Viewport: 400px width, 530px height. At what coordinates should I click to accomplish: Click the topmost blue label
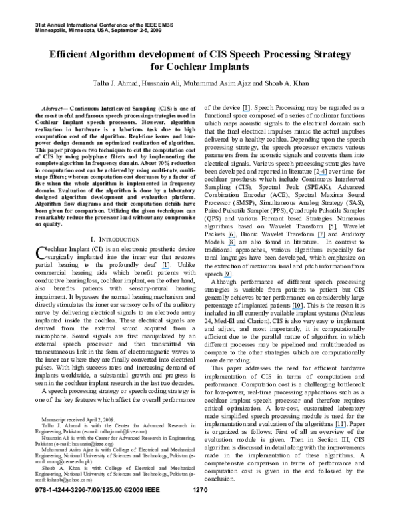tap(246, 111)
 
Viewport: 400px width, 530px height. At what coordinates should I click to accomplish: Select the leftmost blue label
tap(165, 268)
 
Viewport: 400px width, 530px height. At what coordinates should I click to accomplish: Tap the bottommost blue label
tap(340, 427)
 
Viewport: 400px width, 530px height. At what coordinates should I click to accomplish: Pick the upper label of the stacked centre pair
tap(231, 238)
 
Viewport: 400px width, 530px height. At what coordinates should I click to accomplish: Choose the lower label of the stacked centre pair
tap(232, 246)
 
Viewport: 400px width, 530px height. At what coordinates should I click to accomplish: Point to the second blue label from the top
tap(323, 175)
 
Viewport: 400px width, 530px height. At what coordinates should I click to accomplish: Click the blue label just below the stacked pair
tap(227, 277)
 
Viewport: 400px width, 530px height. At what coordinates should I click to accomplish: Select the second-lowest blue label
tap(297, 309)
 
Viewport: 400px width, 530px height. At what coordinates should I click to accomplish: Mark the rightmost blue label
tap(340, 427)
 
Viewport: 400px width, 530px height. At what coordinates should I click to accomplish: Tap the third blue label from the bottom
tap(227, 277)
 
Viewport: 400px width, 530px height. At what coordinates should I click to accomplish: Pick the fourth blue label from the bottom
tap(165, 268)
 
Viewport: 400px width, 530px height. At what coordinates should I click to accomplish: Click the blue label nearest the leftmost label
tap(227, 277)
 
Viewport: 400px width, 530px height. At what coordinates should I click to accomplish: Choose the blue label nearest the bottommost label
tap(297, 309)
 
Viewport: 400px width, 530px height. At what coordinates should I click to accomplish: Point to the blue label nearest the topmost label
tap(323, 175)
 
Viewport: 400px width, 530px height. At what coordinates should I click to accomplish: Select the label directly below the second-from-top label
tap(321, 238)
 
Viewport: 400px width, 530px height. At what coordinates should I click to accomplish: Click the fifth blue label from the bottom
tap(232, 246)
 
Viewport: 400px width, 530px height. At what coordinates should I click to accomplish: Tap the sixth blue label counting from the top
tap(165, 268)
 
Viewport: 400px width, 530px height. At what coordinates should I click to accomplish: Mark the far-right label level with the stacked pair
tap(321, 238)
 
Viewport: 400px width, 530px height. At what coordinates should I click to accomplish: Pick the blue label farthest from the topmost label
tap(340, 427)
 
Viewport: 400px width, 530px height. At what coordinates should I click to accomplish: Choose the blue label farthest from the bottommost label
tap(246, 111)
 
